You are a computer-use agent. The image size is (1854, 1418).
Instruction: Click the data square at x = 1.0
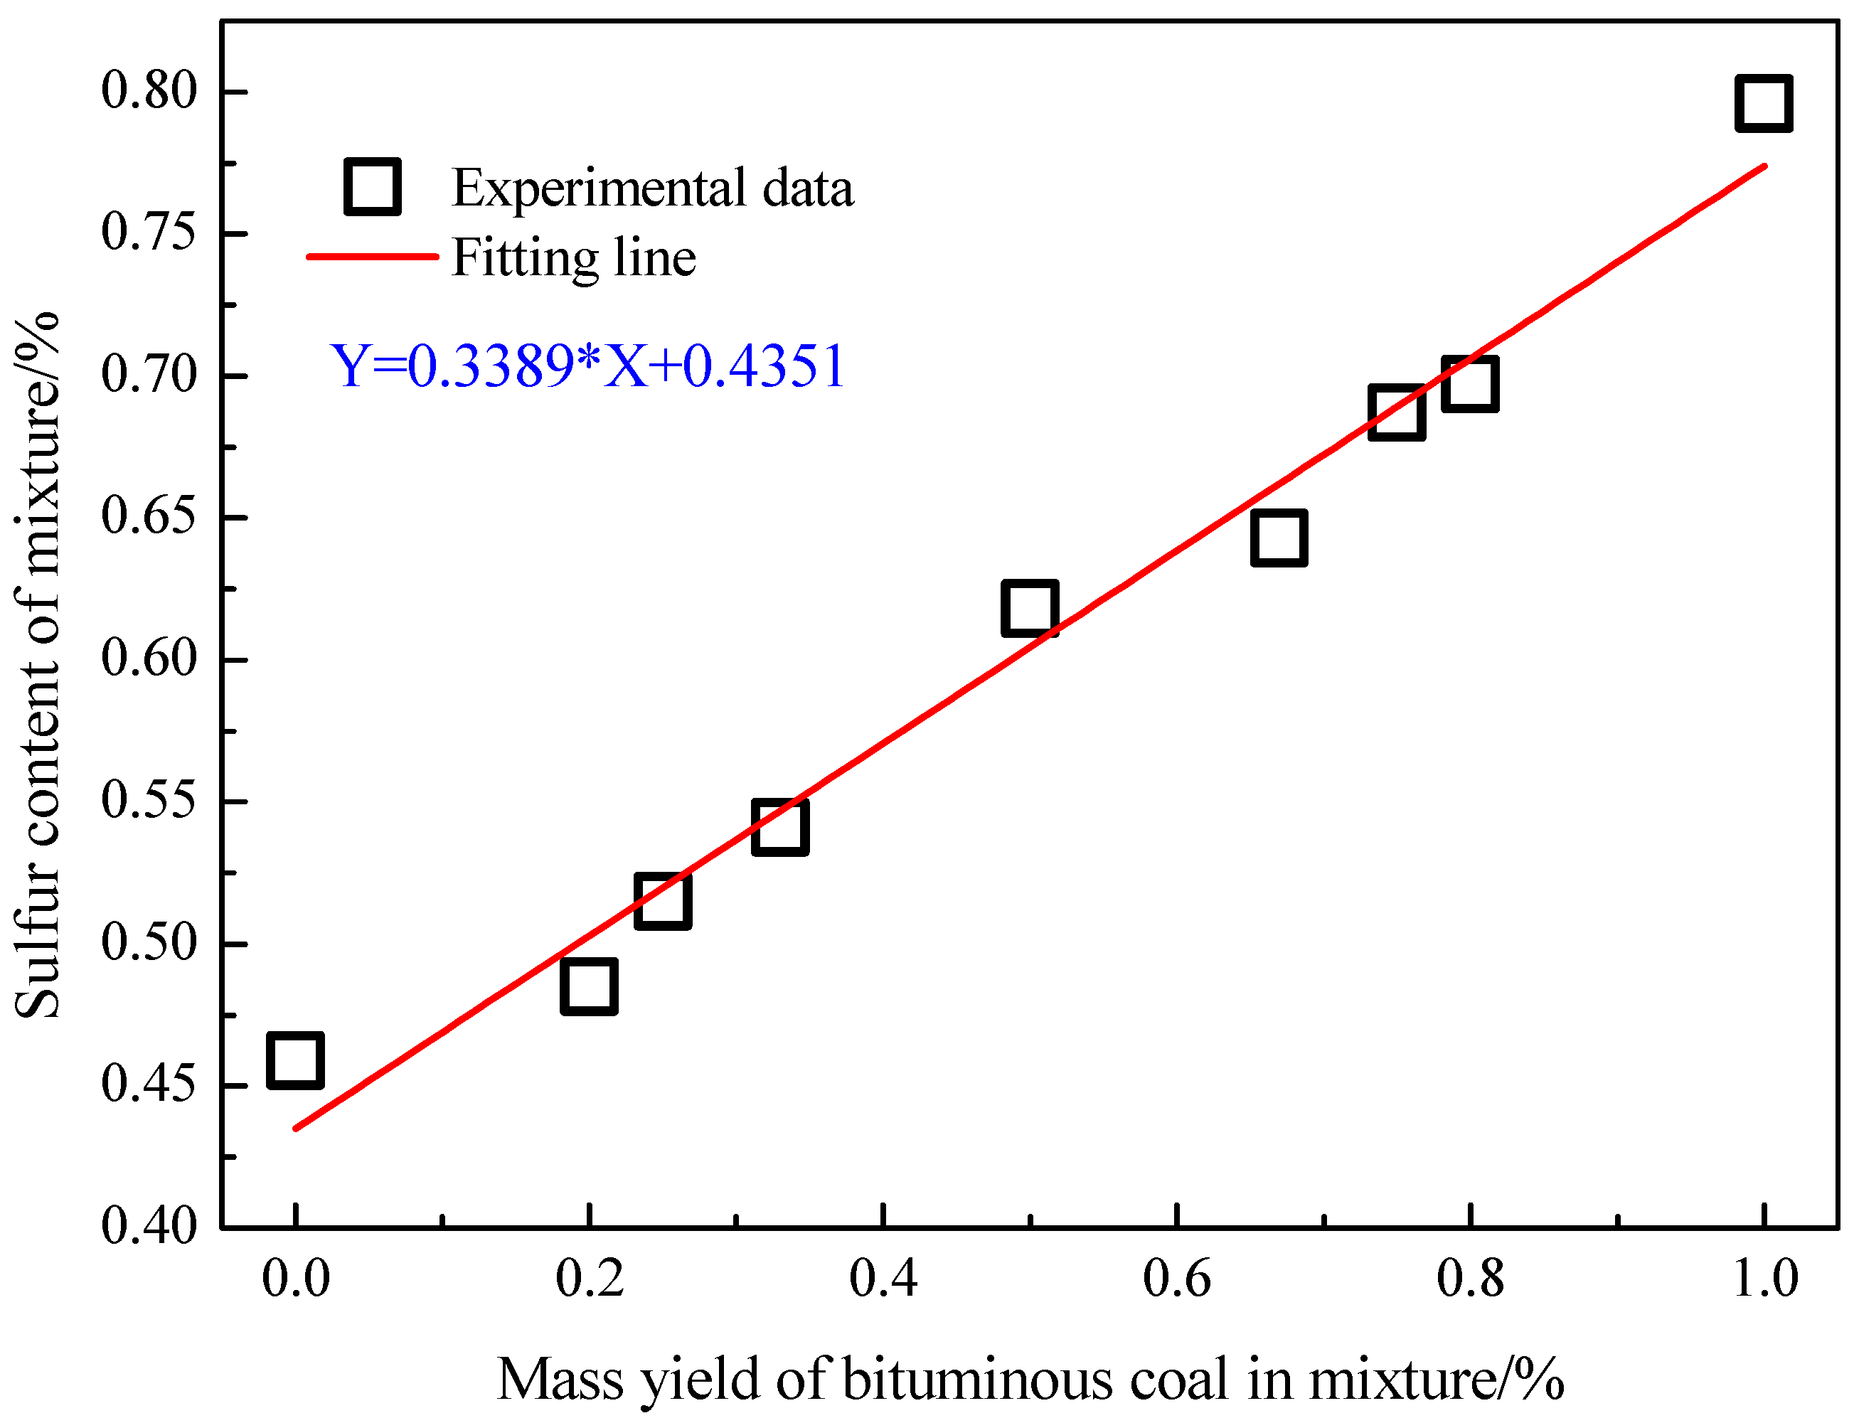1763,103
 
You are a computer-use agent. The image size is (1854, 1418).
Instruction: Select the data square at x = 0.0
295,1060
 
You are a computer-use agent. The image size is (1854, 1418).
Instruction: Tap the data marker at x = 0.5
1030,608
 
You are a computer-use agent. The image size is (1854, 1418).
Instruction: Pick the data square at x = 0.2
589,986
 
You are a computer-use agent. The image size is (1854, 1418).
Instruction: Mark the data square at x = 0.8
1470,383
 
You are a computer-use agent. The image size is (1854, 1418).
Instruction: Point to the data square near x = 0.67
1279,538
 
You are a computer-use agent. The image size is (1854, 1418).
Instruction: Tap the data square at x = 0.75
1397,412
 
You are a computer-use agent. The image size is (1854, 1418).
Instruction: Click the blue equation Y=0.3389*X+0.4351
587,366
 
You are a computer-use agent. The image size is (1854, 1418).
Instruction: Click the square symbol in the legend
372,186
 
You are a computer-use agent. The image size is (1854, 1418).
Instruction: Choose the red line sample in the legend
372,256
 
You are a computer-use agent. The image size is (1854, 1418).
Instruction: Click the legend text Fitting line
574,257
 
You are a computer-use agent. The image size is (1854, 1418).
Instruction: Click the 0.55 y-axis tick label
149,800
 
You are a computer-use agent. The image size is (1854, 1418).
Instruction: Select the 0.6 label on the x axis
1176,1278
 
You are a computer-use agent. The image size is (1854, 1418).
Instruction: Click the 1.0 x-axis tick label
1764,1278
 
